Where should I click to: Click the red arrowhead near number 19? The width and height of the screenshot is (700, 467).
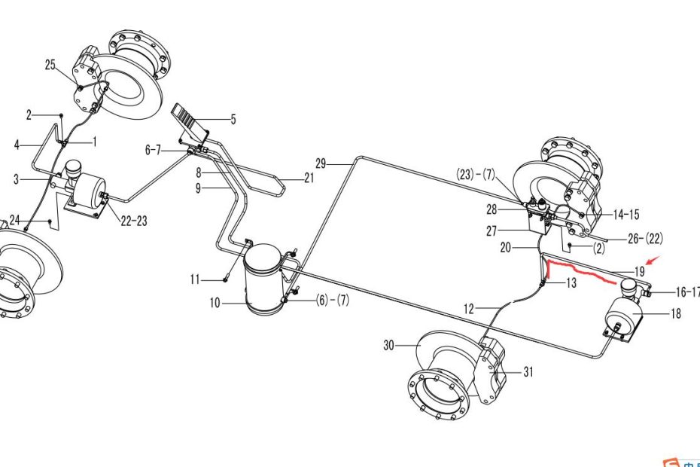pos(653,261)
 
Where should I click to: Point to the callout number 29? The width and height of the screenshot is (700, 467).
pos(321,163)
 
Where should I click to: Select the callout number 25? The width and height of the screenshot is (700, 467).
pos(50,65)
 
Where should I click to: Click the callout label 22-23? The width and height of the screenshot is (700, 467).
pos(133,220)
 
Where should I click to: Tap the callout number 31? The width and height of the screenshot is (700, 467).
pos(528,372)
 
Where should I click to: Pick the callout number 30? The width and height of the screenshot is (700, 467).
pos(389,346)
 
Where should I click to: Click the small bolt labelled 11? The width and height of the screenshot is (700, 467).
pos(227,279)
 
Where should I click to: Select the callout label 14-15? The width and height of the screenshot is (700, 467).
pos(626,215)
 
